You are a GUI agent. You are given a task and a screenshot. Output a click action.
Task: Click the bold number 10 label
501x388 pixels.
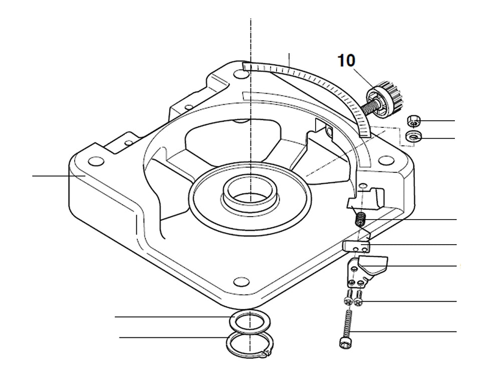346,61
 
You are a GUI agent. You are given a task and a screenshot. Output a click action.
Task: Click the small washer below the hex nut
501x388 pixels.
414,136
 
